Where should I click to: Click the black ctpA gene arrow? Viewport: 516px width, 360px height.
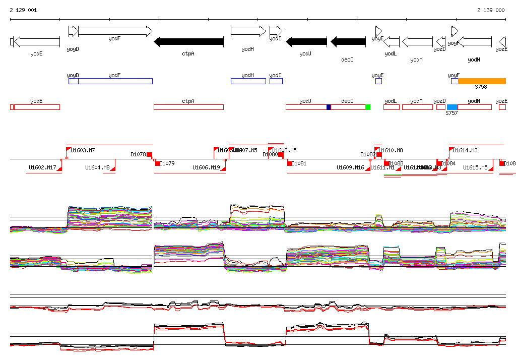point(188,42)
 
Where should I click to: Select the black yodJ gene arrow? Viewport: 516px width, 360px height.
point(306,42)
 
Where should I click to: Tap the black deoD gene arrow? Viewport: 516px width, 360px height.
point(348,42)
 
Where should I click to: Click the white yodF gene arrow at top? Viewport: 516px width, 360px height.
point(115,31)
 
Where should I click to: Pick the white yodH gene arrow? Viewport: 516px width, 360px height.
point(248,31)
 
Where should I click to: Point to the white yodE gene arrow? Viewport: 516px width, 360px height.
point(37,42)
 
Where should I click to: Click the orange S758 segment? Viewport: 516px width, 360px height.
point(482,81)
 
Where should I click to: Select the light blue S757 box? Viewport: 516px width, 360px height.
point(452,107)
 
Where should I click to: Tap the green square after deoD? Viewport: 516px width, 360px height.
point(368,107)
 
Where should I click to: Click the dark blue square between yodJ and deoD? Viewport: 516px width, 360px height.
point(329,107)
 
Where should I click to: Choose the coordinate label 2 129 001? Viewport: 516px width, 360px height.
point(23,10)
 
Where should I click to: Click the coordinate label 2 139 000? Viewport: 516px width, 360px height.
point(491,10)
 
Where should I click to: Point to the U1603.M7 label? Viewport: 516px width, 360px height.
point(83,150)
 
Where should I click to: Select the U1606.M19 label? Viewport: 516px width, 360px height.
point(206,167)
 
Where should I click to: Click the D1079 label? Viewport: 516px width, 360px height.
point(167,163)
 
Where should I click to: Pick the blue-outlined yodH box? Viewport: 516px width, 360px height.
point(248,81)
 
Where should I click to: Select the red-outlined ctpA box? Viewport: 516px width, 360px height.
point(188,107)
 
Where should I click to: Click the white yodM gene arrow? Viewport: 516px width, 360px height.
point(417,42)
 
